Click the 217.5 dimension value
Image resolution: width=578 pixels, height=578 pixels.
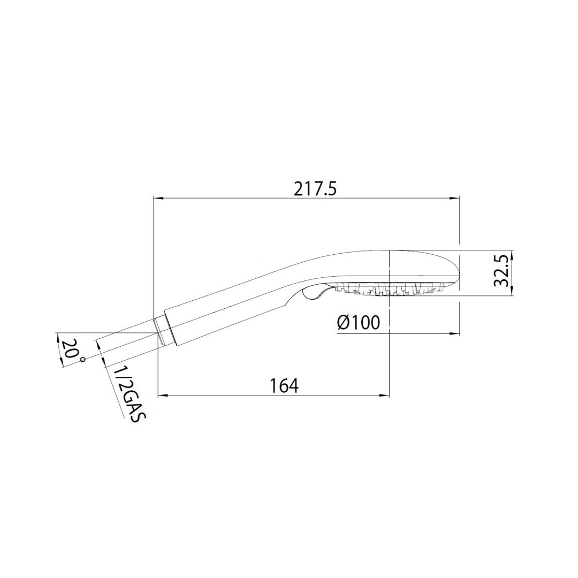click(316, 190)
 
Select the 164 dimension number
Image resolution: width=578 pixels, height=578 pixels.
click(284, 385)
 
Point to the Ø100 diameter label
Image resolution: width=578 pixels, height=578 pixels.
click(358, 323)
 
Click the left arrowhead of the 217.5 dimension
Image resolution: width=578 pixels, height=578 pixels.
click(158, 198)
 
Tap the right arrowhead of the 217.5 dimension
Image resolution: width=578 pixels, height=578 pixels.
click(454, 198)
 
